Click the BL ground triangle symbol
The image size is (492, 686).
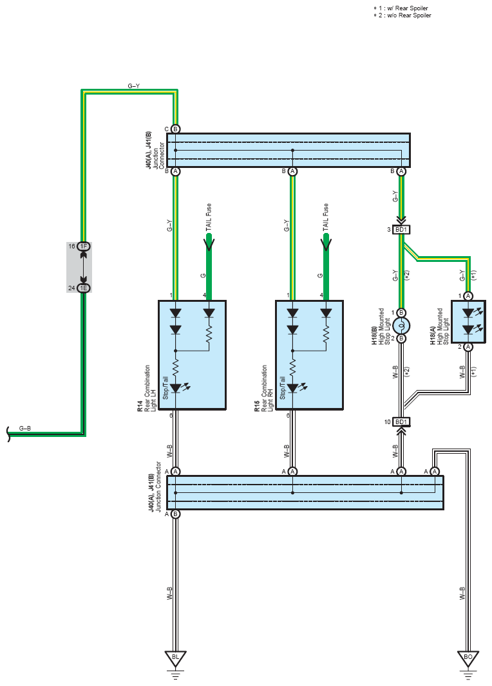click(x=176, y=658)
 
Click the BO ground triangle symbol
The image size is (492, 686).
click(x=468, y=658)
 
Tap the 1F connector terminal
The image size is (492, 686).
click(x=84, y=246)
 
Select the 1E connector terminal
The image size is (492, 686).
click(x=84, y=288)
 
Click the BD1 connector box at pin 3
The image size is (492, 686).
click(x=401, y=230)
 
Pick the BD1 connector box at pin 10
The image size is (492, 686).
click(x=401, y=422)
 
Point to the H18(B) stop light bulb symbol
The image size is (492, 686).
click(x=401, y=326)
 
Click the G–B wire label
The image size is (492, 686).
click(x=25, y=429)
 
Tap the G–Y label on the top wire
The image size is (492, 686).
click(x=134, y=86)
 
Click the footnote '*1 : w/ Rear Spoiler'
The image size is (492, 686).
click(x=401, y=8)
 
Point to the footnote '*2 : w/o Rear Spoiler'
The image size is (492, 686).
click(x=402, y=15)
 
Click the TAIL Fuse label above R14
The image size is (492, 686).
click(x=209, y=217)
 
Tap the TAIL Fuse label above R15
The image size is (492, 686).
click(x=326, y=217)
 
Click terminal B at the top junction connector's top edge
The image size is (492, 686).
click(x=176, y=129)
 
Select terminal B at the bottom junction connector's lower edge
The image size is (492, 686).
click(x=176, y=514)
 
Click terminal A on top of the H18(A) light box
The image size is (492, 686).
click(x=468, y=296)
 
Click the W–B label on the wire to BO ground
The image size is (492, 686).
click(x=462, y=593)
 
